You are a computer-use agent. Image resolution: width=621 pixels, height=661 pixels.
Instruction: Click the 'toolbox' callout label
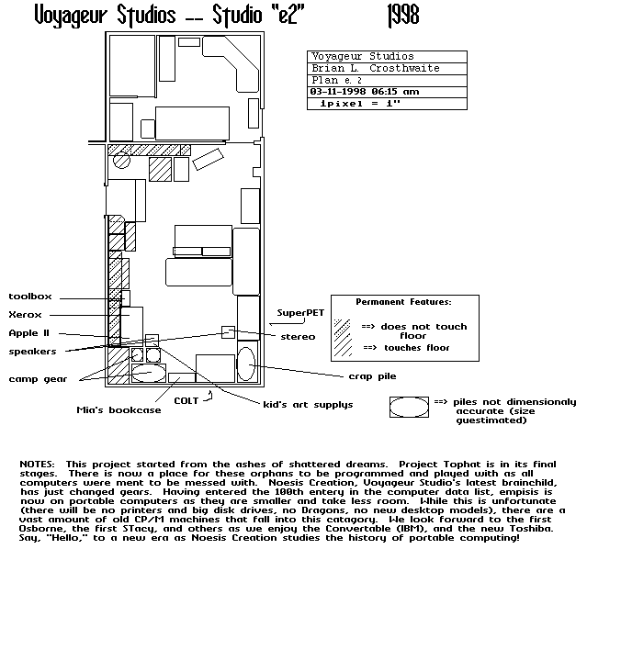click(x=30, y=297)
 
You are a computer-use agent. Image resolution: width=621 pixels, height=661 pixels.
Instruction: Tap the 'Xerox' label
click(x=26, y=315)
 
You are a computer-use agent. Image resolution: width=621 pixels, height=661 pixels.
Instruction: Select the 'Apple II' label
click(x=29, y=333)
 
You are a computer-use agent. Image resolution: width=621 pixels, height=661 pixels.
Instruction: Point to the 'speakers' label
click(x=32, y=352)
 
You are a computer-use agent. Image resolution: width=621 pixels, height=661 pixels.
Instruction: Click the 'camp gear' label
click(x=38, y=379)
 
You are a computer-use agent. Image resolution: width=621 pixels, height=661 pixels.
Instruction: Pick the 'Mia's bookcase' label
click(x=119, y=410)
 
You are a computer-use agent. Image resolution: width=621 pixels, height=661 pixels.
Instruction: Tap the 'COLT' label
click(x=186, y=401)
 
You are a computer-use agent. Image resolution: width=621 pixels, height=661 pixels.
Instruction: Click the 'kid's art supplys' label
click(x=308, y=405)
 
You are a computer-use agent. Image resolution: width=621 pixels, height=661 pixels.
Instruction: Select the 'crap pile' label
click(x=373, y=376)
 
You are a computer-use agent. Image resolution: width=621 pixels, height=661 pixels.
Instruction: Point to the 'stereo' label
click(x=298, y=337)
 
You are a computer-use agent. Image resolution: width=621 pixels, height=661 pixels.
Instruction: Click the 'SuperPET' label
click(x=300, y=313)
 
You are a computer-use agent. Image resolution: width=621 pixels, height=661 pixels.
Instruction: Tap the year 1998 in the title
click(x=403, y=16)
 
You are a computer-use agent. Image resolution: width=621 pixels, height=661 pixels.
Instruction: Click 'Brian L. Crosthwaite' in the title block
click(x=376, y=68)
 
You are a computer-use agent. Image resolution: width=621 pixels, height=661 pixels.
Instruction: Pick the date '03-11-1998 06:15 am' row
click(x=365, y=92)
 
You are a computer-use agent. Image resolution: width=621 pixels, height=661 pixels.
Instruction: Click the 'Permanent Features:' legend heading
click(x=403, y=302)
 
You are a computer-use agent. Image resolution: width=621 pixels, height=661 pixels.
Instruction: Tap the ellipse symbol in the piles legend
click(x=409, y=408)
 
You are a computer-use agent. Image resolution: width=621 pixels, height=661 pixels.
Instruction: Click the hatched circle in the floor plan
click(x=121, y=161)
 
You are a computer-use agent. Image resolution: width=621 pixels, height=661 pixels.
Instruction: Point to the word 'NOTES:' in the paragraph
click(x=37, y=465)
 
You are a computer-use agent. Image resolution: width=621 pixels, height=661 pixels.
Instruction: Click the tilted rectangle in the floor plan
click(x=208, y=160)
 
